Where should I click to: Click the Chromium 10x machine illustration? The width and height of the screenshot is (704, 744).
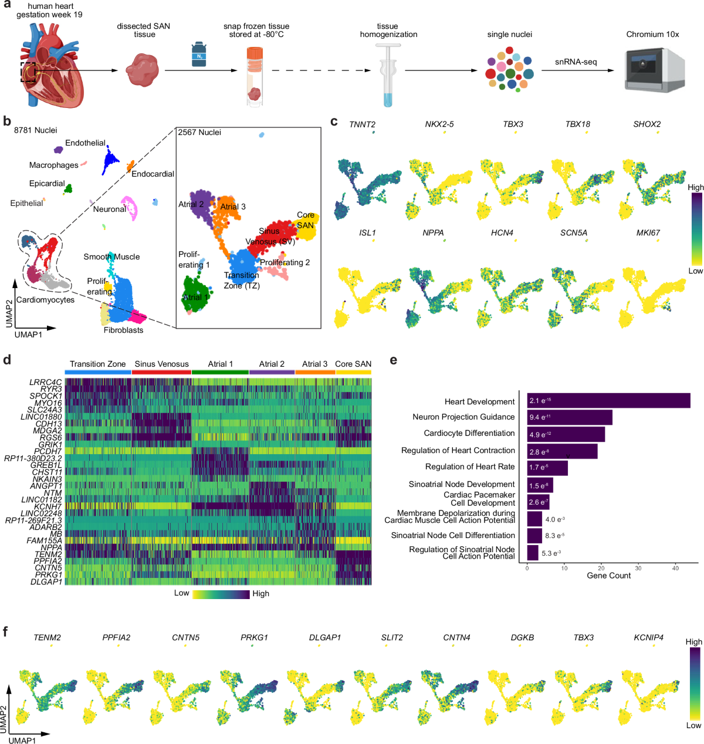655,70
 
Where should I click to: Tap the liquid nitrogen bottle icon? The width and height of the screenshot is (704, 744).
199,55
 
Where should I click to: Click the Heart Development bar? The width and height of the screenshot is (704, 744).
608,401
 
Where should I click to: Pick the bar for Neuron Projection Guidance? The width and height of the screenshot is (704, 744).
569,417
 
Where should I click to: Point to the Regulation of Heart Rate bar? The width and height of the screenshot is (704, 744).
547,468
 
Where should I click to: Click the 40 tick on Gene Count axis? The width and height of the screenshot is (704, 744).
675,568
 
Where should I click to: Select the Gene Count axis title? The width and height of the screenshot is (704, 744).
608,576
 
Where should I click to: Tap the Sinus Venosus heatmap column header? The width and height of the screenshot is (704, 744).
161,364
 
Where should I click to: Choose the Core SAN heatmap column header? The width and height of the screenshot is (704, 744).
353,364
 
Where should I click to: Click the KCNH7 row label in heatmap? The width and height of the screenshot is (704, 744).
48,506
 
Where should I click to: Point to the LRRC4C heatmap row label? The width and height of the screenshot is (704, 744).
46,383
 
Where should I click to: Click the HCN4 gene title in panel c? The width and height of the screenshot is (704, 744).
502,233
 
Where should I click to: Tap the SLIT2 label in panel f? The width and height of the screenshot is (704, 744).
392,637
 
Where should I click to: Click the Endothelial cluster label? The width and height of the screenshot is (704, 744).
86,143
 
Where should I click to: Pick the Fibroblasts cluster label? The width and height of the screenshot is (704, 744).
123,330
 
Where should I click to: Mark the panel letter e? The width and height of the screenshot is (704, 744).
393,360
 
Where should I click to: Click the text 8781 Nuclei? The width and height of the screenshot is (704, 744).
36,130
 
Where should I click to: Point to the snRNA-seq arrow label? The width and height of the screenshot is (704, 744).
576,62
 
